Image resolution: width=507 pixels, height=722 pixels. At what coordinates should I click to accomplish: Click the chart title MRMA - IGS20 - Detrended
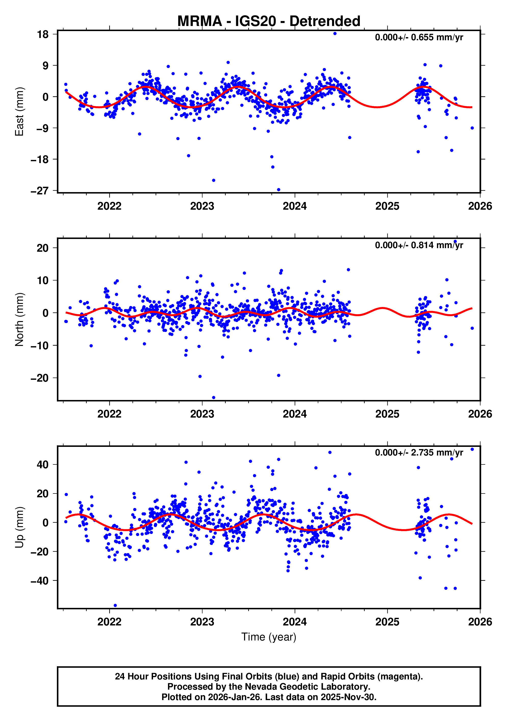pos(269,21)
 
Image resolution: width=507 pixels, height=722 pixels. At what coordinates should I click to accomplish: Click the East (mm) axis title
pos(20,112)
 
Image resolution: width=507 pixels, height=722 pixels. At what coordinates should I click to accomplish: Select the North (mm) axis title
pos(20,319)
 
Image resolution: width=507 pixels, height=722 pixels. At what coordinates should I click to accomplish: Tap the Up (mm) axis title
pos(20,527)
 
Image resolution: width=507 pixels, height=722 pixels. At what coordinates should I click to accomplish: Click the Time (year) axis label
pos(269,636)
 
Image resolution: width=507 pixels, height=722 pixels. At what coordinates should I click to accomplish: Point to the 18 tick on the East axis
pos(43,34)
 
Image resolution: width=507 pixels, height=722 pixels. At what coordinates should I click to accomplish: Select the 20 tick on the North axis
pos(43,248)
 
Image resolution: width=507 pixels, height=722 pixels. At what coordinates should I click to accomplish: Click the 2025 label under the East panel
pos(387,206)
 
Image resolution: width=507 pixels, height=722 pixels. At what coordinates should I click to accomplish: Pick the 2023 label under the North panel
pos(202,414)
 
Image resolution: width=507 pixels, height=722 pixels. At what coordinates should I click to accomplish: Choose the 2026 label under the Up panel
pos(480,622)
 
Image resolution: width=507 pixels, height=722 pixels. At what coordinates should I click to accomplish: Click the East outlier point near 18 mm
pos(335,34)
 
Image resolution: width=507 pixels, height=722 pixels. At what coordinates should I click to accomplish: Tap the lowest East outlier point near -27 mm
pos(278,190)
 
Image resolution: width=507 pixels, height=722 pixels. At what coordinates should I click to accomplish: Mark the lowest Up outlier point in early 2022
pos(115,605)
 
